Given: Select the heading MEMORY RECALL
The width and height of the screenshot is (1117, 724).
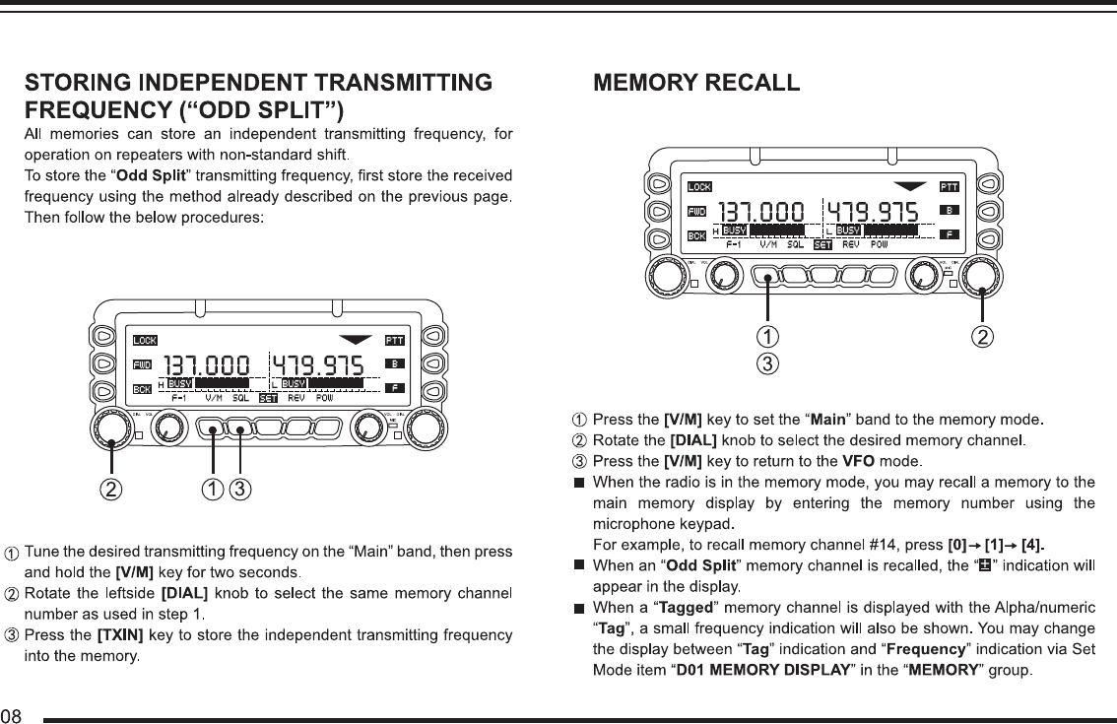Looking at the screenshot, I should [695, 83].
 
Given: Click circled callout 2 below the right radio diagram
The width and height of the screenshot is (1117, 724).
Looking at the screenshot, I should [982, 337].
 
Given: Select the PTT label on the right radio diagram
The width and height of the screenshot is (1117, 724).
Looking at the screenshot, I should [950, 187].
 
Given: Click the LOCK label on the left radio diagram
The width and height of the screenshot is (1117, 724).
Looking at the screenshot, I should [145, 341].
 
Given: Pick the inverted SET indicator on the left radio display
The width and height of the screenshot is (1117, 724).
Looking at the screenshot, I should [268, 399].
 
